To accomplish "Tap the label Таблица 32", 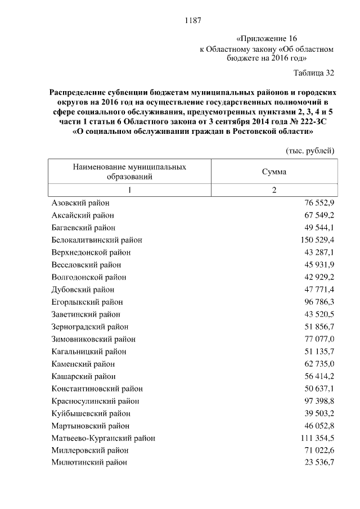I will pyautogui.click(x=314, y=73).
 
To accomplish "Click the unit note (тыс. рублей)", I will pyautogui.click(x=310, y=150).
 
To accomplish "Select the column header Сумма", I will pyautogui.click(x=274, y=172).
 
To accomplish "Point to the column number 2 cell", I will pyautogui.click(x=274, y=190).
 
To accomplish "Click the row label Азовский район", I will pyautogui.click(x=80, y=203).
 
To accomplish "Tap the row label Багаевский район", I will pyautogui.click(x=83, y=228).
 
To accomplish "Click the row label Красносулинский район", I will pyautogui.click(x=95, y=401).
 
